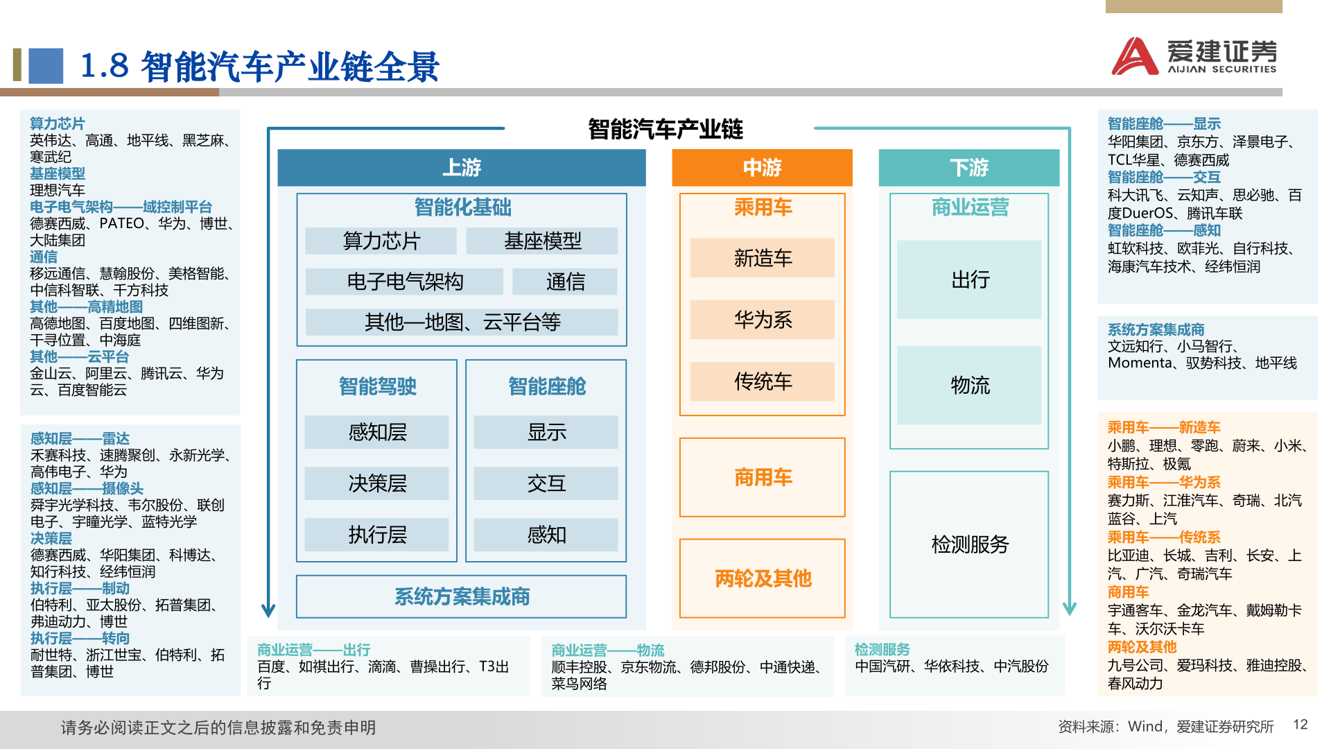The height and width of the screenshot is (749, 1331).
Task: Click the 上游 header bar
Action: [x=462, y=168]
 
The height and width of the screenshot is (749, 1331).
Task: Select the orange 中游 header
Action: [x=762, y=168]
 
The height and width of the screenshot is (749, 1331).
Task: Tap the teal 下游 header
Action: [x=969, y=168]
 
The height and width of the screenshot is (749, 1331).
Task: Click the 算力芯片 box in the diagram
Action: [x=381, y=241]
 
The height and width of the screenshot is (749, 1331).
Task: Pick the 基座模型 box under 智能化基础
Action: [x=542, y=241]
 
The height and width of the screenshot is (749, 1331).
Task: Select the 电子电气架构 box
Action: [x=405, y=282]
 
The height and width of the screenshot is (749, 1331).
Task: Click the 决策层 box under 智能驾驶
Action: [x=377, y=483]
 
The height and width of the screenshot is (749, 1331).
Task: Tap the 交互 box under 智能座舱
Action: [x=546, y=483]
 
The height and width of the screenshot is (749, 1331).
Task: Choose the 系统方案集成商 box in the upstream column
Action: [x=462, y=596]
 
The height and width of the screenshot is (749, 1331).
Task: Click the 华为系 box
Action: [x=763, y=320]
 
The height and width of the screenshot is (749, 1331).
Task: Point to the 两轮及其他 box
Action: [x=763, y=578]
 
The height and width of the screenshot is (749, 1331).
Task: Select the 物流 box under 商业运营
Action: [x=969, y=386]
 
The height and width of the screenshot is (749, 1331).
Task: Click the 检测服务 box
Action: [x=969, y=544]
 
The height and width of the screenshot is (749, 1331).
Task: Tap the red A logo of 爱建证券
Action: [x=1135, y=55]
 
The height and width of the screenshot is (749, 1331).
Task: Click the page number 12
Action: [x=1300, y=725]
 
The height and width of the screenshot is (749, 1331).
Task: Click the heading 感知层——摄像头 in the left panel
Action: [x=87, y=488]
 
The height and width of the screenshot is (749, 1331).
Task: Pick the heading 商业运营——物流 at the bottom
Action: [x=608, y=650]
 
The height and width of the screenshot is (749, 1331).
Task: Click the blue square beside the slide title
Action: [x=46, y=66]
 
